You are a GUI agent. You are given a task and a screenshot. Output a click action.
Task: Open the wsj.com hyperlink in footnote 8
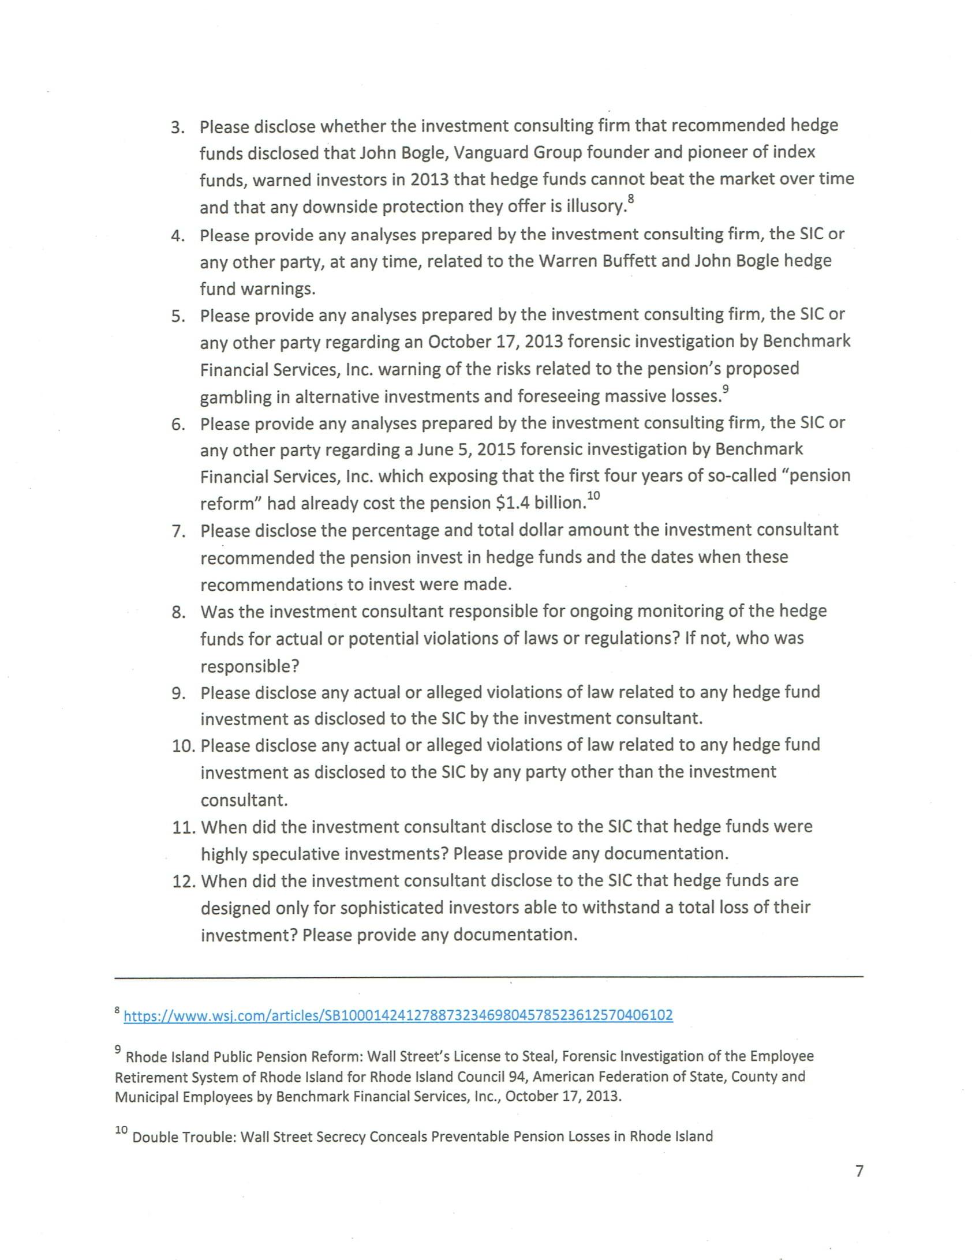398,1015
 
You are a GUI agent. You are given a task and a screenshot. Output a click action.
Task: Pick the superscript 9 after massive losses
726,389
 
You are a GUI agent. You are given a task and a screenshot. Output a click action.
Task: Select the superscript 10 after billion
594,496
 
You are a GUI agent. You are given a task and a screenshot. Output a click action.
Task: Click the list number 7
178,531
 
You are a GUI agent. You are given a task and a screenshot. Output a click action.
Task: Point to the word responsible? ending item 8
250,666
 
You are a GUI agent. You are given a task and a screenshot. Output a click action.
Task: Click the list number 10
184,746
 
